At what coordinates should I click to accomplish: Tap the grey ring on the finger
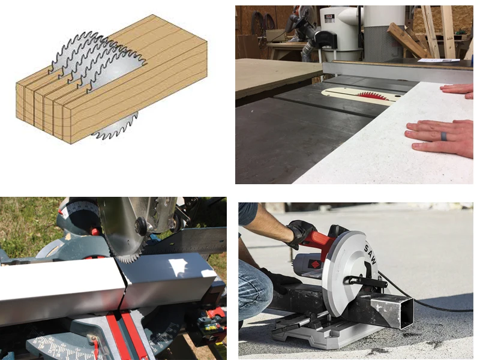coord(443,136)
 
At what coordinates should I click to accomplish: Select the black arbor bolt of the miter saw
coord(141,226)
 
